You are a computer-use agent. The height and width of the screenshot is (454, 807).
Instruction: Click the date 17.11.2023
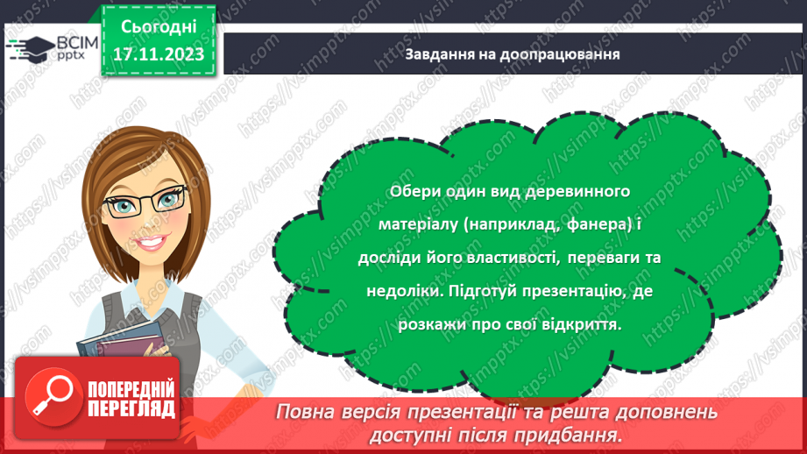[158, 54]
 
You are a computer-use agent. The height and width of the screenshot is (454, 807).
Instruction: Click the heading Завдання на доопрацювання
[513, 54]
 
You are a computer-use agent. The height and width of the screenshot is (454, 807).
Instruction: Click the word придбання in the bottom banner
[579, 434]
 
